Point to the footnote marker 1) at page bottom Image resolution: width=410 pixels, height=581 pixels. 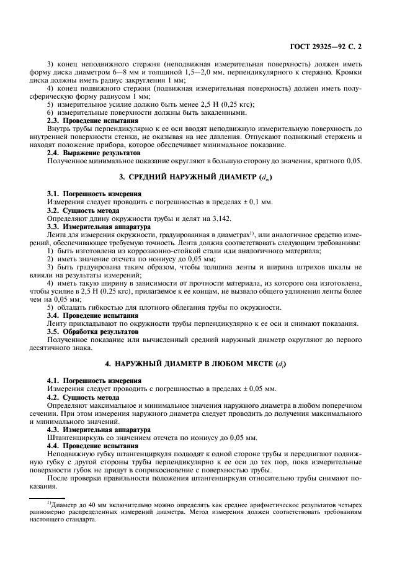click(x=50, y=501)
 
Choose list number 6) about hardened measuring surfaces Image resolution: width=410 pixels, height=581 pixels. click(x=51, y=112)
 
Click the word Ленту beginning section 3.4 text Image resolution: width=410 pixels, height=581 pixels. click(x=59, y=323)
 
